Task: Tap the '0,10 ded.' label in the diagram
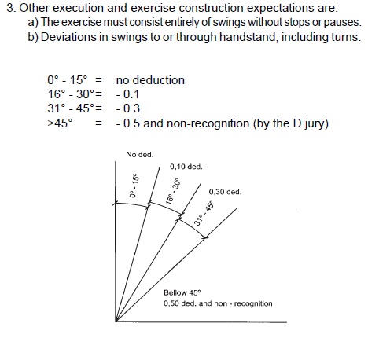pyautogui.click(x=186, y=167)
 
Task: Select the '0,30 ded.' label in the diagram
pyautogui.click(x=225, y=192)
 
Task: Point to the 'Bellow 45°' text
pyautogui.click(x=182, y=292)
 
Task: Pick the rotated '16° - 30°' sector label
pyautogui.click(x=174, y=191)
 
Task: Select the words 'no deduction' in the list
pyautogui.click(x=149, y=80)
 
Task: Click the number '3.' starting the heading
pyautogui.click(x=11, y=9)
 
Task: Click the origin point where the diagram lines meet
pyautogui.click(x=116, y=320)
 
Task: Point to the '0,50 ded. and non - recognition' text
pyautogui.click(x=218, y=303)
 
